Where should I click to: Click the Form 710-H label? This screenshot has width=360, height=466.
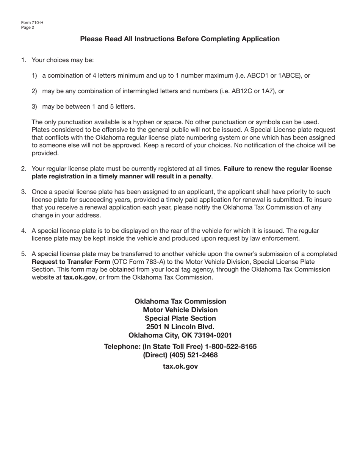32,23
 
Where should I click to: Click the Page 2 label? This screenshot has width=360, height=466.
28,27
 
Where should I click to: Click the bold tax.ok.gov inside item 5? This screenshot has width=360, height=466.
79,277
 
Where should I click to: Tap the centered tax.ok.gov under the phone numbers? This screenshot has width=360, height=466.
180,366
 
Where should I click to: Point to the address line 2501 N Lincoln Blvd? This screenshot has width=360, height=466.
180,327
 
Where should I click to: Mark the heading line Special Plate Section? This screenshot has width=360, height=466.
180,318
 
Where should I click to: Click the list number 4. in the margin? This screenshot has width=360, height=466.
24,231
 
